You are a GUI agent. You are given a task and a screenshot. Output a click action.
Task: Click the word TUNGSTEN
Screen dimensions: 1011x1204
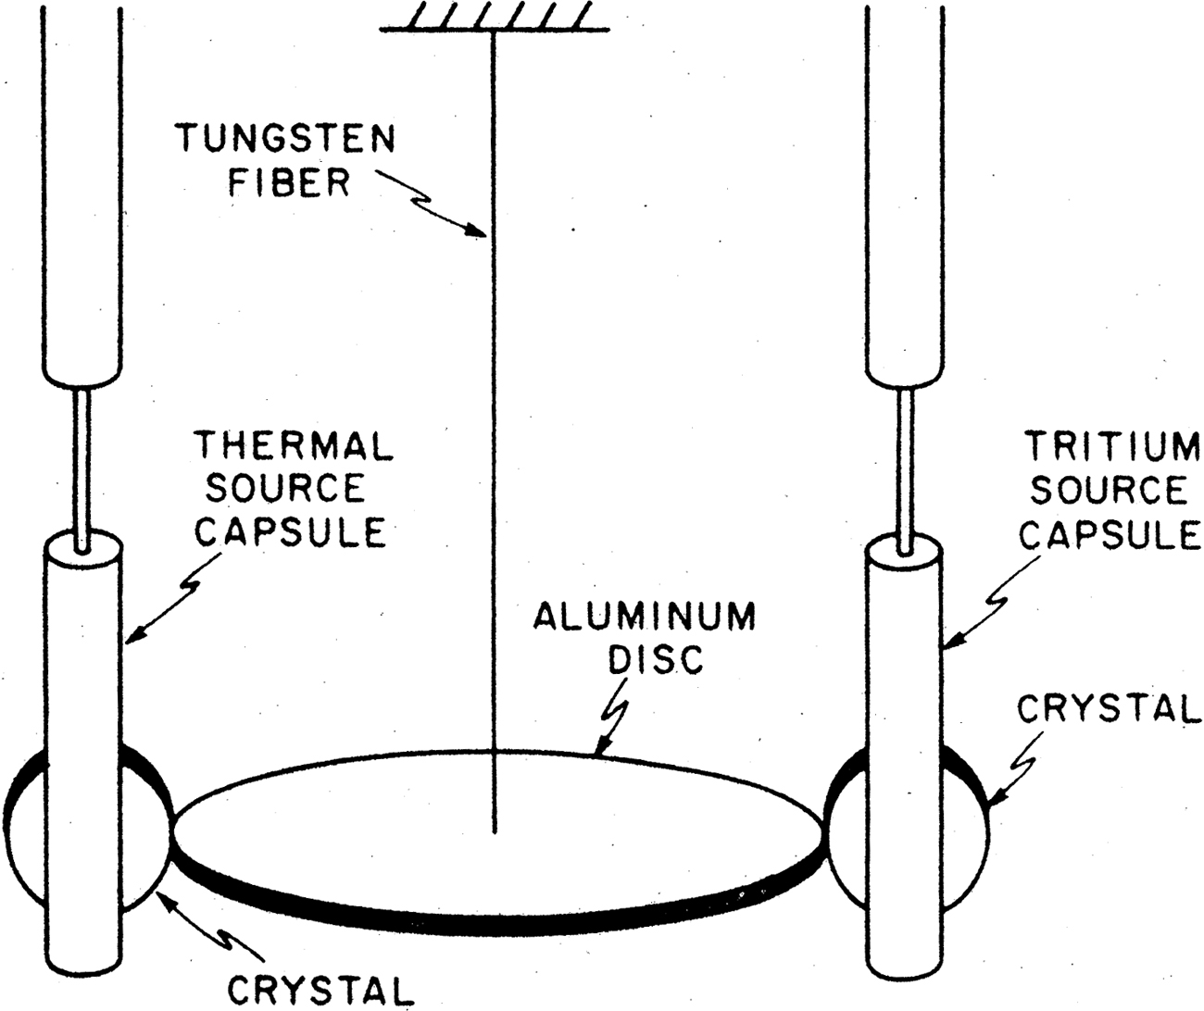pos(286,139)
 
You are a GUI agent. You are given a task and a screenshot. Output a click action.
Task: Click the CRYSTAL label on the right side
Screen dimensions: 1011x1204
pos(1108,708)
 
